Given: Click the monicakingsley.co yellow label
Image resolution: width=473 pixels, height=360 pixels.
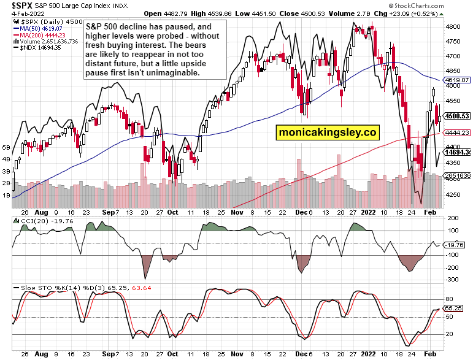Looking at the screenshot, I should point(327,132).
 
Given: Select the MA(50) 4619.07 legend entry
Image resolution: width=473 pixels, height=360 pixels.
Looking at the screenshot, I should point(40,28).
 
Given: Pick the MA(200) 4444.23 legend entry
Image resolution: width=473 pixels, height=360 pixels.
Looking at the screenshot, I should point(42,35).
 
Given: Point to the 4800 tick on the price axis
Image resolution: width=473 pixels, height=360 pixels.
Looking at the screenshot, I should point(453,28).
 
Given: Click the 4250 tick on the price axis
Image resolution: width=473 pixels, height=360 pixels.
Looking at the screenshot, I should point(453,195).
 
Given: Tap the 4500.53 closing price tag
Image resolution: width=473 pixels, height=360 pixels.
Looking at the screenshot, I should point(458,116).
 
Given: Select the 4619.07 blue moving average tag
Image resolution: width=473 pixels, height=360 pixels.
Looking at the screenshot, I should point(458,80).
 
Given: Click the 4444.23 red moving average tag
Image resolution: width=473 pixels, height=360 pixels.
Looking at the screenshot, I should point(458,132).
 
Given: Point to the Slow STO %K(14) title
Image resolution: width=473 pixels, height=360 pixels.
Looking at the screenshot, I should point(42,288).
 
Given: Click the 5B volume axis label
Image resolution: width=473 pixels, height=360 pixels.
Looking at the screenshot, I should point(7,148).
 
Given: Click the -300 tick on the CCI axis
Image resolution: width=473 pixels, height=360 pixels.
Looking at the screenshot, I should point(452,280).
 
